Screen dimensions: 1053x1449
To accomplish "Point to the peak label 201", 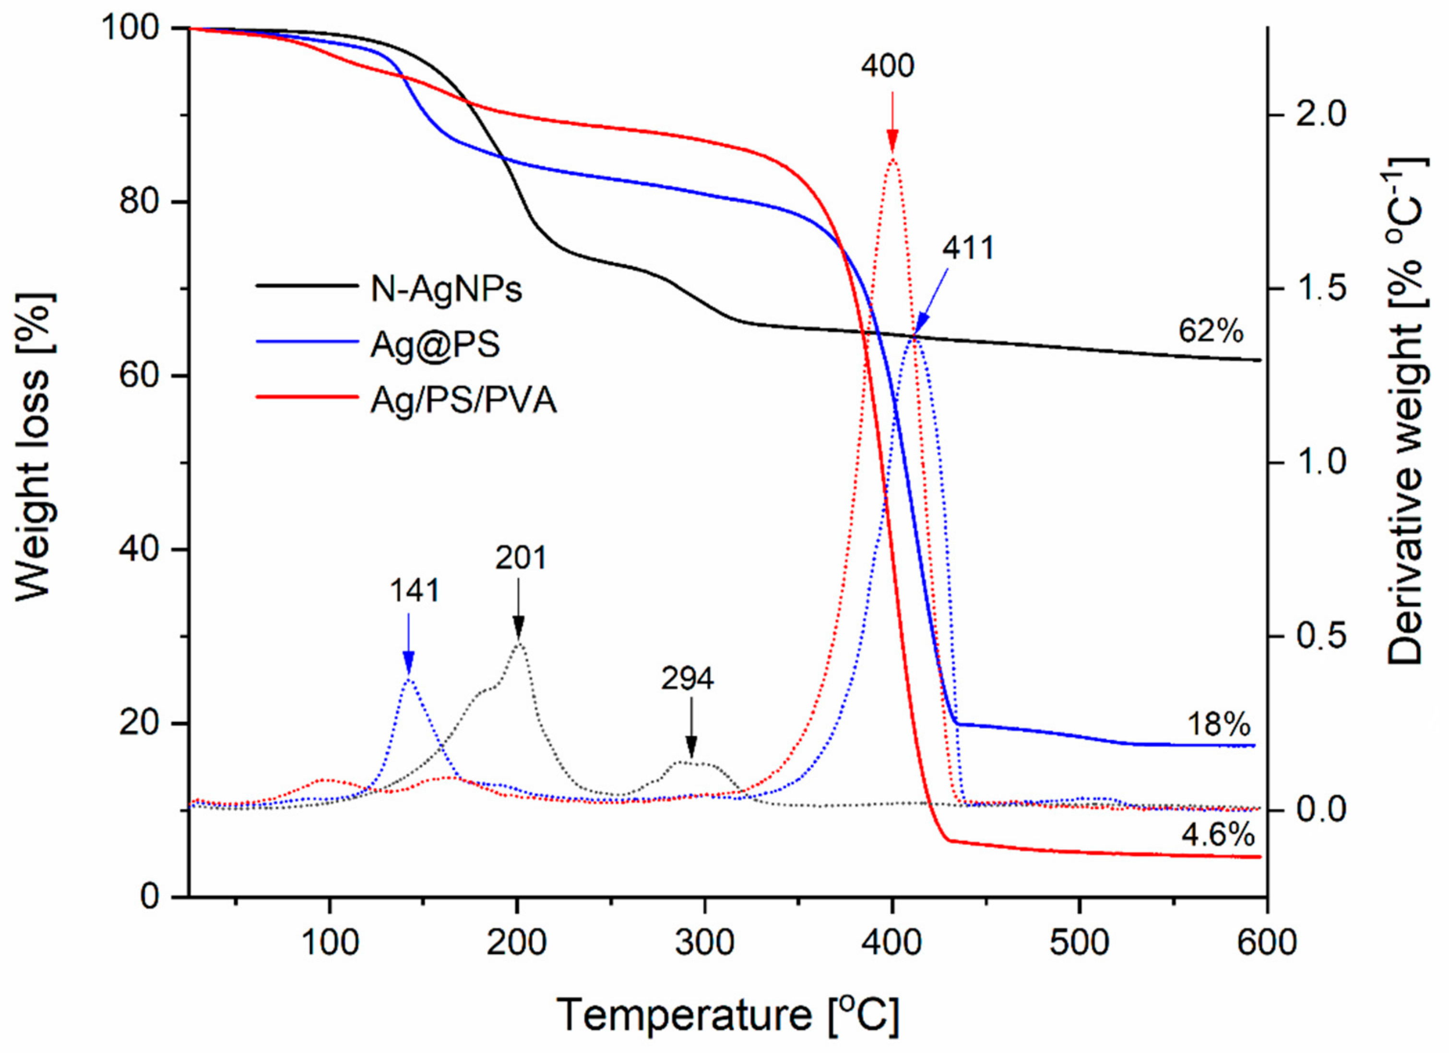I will [x=521, y=558].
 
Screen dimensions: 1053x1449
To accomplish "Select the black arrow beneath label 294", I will [x=690, y=728].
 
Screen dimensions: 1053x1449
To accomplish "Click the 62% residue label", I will [x=1211, y=331].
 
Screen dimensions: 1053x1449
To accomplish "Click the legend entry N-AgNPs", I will [x=446, y=289].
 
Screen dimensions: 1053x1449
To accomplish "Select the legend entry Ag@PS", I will [x=434, y=345].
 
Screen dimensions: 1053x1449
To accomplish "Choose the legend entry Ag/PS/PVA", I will [x=463, y=401].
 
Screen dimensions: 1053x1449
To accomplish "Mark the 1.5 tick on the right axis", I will [x=1317, y=289].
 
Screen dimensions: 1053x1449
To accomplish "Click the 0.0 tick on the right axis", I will [x=1317, y=810].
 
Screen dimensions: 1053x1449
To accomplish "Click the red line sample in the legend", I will [x=307, y=397].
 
